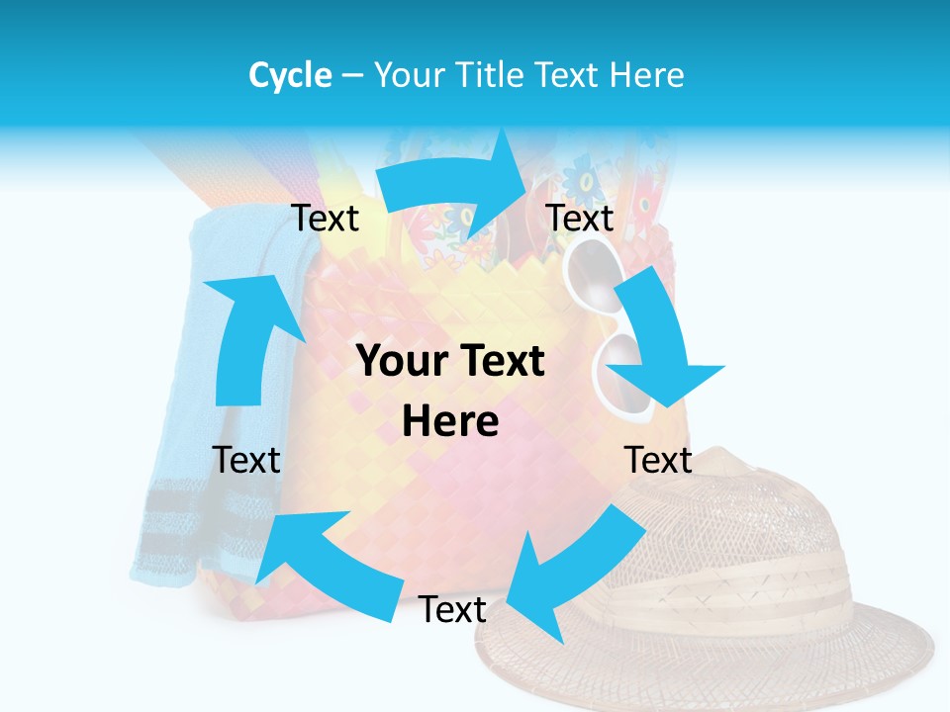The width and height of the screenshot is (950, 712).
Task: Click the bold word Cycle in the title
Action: pyautogui.click(x=290, y=75)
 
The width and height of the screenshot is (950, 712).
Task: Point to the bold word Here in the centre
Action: pyautogui.click(x=450, y=422)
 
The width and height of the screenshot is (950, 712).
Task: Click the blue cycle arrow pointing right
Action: pyautogui.click(x=455, y=183)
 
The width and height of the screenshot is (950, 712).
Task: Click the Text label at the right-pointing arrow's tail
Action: pyautogui.click(x=325, y=219)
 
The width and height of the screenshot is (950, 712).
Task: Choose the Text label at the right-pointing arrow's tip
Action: pyautogui.click(x=580, y=219)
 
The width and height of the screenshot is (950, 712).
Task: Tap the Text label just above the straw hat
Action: pyautogui.click(x=658, y=460)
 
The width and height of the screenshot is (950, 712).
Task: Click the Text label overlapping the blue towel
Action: pyautogui.click(x=246, y=460)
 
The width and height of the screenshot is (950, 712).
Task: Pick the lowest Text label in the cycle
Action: pyautogui.click(x=452, y=610)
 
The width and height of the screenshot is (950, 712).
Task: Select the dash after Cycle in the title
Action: pyautogui.click(x=352, y=76)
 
